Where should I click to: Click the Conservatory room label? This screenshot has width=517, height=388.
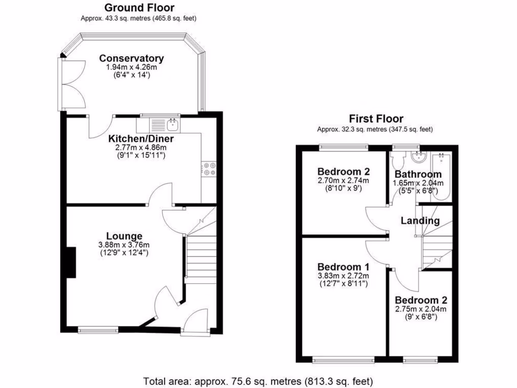[x=131, y=58]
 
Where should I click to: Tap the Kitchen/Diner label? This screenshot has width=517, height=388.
[x=141, y=138]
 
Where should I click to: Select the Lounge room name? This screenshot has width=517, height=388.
[x=124, y=236]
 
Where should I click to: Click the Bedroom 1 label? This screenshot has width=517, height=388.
[x=343, y=267]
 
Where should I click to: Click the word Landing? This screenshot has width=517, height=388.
[x=420, y=221]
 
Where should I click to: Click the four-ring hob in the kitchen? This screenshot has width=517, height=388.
[x=209, y=169]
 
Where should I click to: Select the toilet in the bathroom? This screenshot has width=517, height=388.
[x=398, y=161]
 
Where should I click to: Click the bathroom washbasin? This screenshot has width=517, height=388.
[x=419, y=158]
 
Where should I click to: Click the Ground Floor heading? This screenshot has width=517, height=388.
[x=139, y=8]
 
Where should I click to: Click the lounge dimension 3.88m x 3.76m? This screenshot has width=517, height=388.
[x=124, y=245]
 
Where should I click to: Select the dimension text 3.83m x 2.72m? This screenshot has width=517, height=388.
[x=343, y=275]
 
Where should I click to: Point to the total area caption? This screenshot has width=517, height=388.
[x=258, y=380]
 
